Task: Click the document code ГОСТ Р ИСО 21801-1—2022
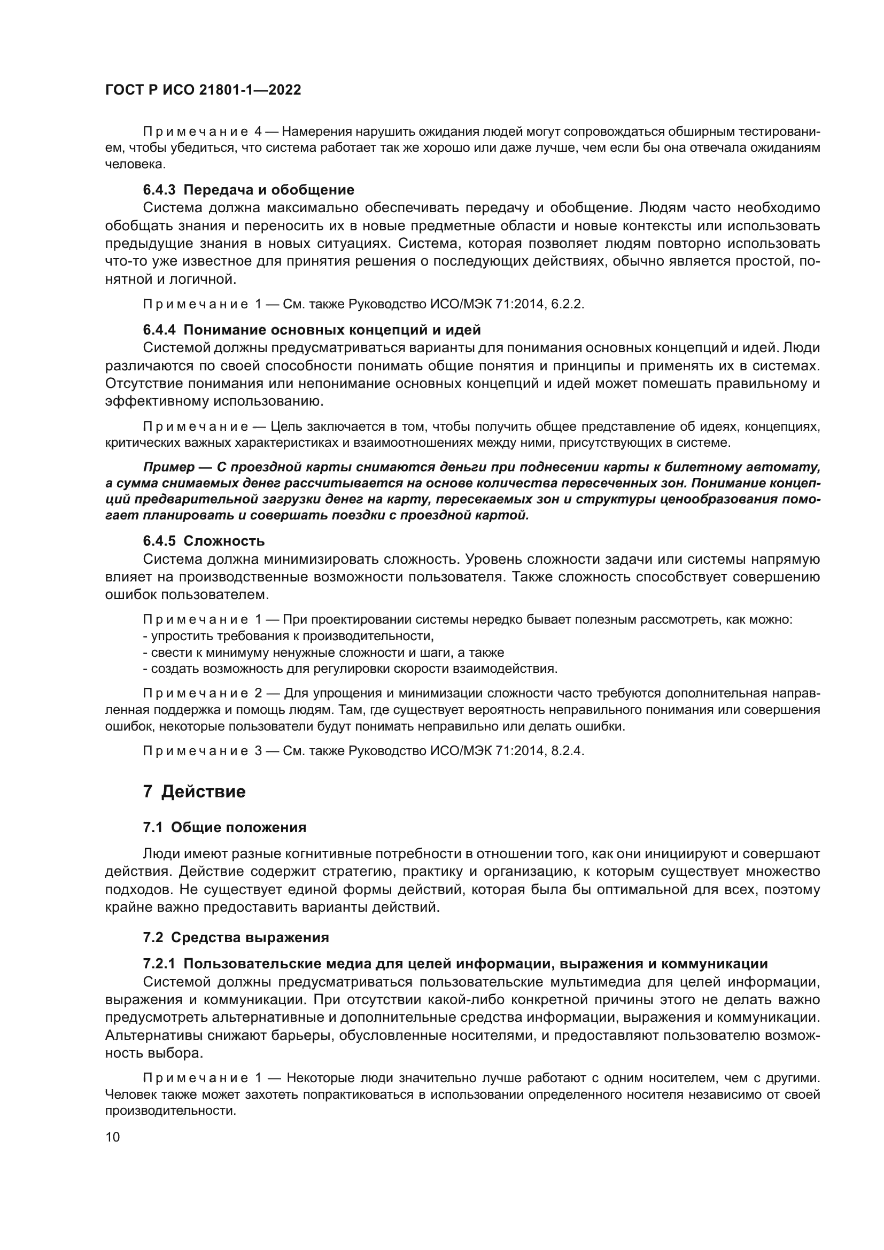coord(203,90)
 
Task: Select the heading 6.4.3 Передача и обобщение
coord(248,190)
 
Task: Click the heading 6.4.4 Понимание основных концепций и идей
coord(312,329)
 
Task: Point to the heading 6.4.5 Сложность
coord(204,541)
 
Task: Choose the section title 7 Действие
coord(195,791)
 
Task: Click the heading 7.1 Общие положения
coord(224,827)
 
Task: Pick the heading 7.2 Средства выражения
coord(236,937)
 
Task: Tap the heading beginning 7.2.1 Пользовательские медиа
coord(454,964)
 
